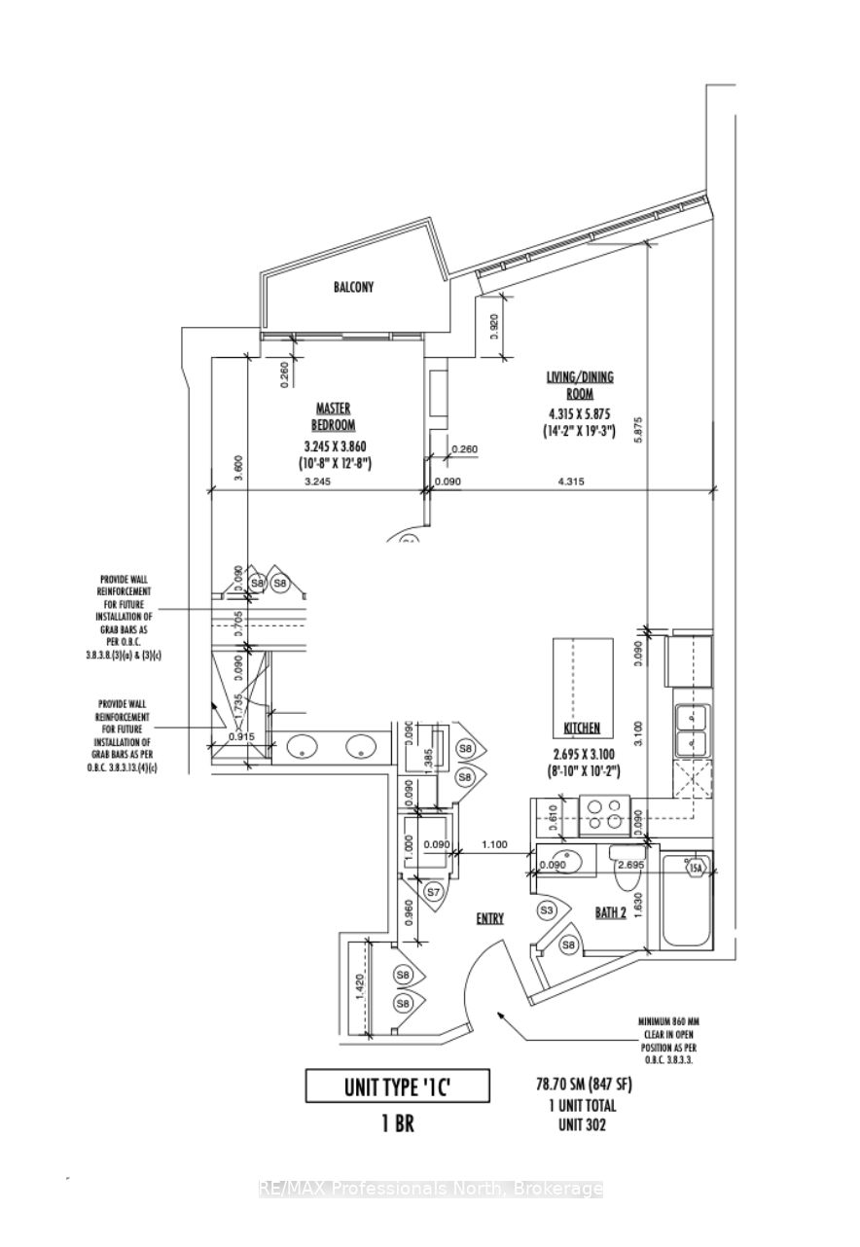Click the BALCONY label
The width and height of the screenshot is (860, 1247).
[354, 287]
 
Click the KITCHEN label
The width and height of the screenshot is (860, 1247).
[583, 728]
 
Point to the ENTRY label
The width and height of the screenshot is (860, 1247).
[489, 918]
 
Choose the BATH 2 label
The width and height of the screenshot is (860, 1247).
[611, 913]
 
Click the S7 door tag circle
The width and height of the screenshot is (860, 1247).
[433, 890]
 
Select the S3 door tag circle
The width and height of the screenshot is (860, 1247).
[548, 910]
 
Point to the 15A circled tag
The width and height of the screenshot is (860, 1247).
[695, 868]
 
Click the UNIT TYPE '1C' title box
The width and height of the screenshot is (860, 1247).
[397, 1086]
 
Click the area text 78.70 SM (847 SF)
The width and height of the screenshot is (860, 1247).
[590, 1085]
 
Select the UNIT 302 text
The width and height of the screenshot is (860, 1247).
[590, 1123]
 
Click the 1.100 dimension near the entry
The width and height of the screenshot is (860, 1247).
[494, 845]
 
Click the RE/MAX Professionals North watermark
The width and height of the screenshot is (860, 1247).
[430, 1188]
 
